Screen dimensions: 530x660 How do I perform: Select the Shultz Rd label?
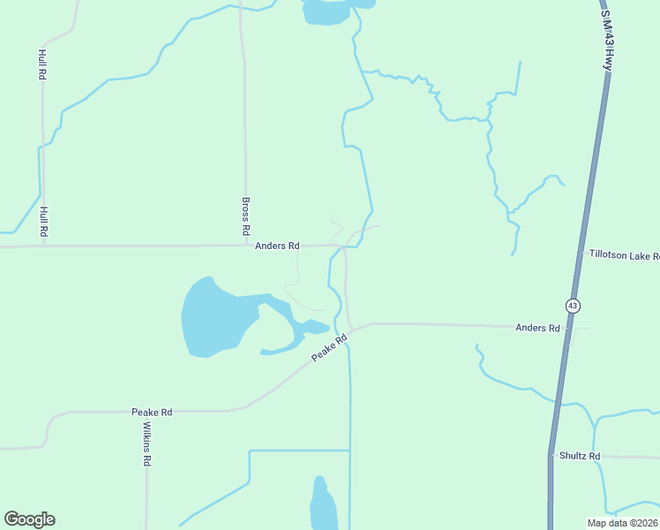coord(580,456)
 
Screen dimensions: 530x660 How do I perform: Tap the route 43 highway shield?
coord(574,306)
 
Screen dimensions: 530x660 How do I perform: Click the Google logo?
coord(29,519)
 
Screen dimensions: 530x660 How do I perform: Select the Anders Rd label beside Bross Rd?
coord(277,246)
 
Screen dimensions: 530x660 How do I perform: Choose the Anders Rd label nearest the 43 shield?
coord(537,328)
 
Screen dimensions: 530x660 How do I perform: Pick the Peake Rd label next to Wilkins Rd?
coord(152,412)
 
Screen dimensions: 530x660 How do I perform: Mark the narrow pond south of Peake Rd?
coord(322,505)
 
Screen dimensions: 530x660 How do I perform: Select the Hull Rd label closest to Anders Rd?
coord(42,221)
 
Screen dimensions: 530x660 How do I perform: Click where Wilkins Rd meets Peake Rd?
coord(146,412)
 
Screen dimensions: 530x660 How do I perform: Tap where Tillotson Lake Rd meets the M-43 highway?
coord(581,253)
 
